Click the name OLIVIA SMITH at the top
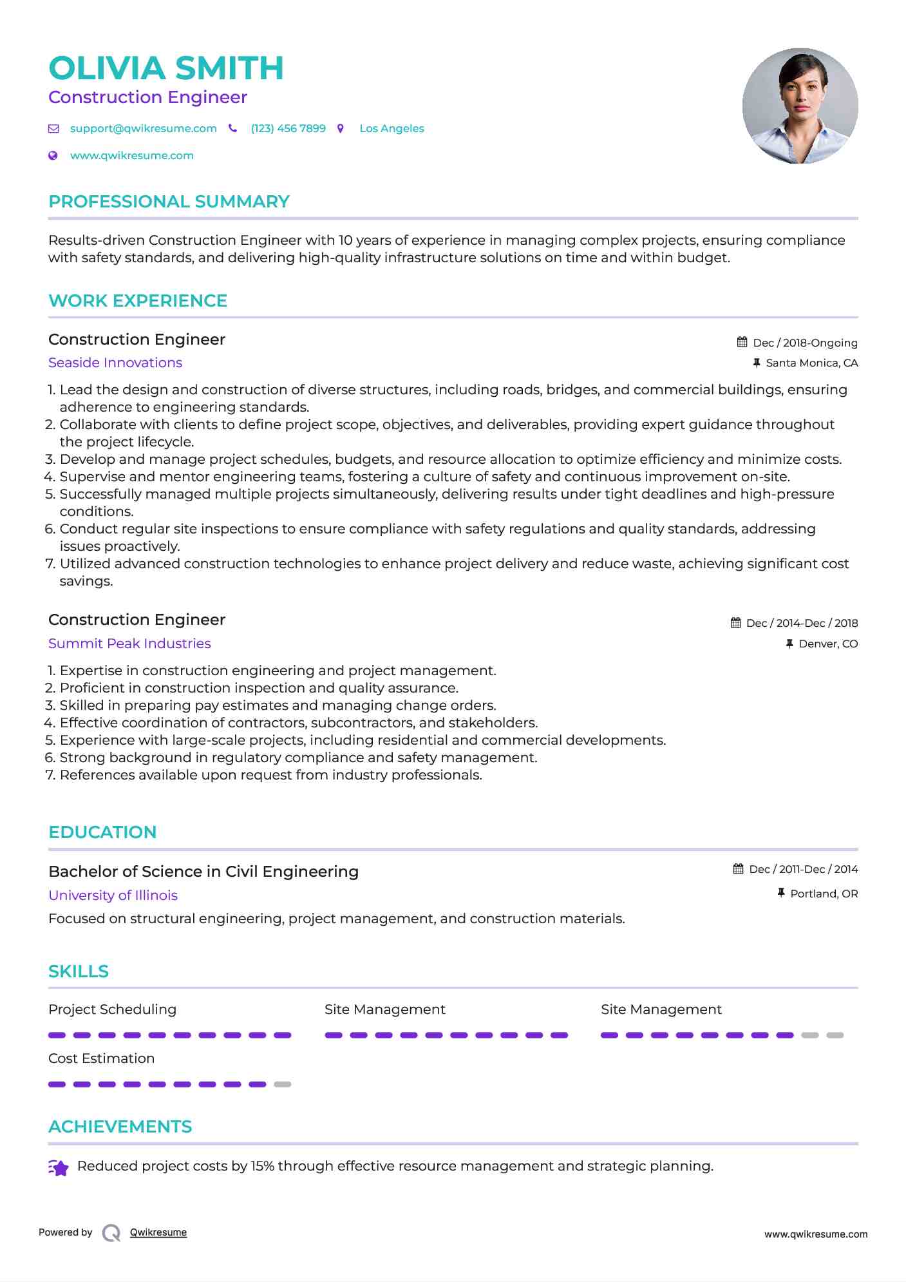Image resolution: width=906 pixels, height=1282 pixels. pos(166,68)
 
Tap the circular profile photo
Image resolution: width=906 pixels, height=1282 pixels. pos(800,106)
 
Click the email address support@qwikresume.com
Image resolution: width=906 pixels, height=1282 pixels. pos(143,128)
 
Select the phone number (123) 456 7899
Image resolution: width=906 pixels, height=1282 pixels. pos(288,128)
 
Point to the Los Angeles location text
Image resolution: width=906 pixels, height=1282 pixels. pos(392,128)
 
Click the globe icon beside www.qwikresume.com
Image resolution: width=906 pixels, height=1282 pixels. pos(53,155)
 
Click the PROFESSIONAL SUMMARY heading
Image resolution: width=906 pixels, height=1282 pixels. pos(169,202)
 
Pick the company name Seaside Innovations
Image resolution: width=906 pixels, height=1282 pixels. pos(115,363)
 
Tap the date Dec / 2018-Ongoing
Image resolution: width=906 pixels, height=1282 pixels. pos(805,343)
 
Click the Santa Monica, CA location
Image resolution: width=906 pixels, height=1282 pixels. pos(811,363)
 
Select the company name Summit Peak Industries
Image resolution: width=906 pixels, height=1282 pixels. pos(129,644)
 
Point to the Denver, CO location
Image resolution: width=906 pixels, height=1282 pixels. pos(828,644)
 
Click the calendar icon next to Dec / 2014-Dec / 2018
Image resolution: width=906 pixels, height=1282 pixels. pos(735,623)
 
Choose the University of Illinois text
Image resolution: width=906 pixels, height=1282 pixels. pos(113,895)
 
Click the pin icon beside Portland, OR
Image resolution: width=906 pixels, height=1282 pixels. pos(781,893)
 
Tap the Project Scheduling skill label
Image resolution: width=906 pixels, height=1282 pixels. pos(112,1009)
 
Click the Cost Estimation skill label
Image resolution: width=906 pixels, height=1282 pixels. pos(101,1058)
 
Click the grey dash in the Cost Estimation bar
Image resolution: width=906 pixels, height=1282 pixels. pos(283,1084)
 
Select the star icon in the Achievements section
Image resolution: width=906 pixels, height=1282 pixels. pos(59,1167)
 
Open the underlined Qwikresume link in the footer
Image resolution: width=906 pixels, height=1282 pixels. pos(158,1232)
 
